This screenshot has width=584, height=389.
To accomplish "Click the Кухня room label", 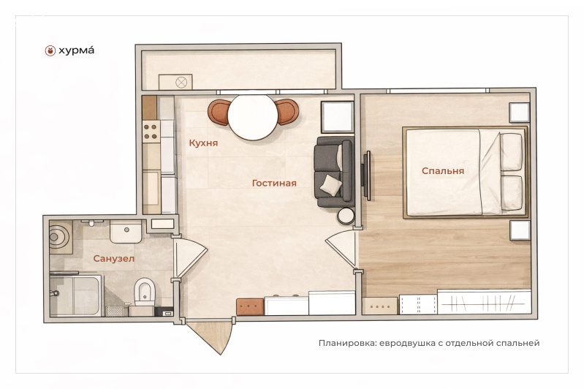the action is pos(203,143).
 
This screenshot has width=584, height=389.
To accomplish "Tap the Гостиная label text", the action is pos(274,183).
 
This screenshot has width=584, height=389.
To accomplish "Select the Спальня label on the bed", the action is pos(443,171).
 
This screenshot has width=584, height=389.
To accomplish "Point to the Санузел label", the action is pos(113,259).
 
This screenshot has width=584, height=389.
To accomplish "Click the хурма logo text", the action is pos(76,50).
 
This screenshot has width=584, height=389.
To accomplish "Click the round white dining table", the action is pos(253,117).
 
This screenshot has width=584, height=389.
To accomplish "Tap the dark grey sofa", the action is pos(334,171).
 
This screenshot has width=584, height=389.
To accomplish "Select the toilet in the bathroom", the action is pos(145,291).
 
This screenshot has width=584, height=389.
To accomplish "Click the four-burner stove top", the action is pos(151,132).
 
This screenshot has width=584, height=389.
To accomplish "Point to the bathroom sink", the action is pos(126,231).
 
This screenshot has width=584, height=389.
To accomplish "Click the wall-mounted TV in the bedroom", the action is pos(366,175).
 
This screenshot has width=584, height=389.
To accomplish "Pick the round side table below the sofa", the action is pos(346,216).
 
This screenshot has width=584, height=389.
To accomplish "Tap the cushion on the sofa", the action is pos(330,185).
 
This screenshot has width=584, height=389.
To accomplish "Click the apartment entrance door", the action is pos(211,336).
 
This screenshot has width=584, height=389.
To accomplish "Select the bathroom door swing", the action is pos(190,258).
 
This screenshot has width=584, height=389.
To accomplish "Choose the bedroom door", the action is pos(341,249).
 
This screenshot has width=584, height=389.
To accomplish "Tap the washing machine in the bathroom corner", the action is pos(61,237).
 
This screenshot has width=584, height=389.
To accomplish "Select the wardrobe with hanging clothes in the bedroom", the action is pos(484,302).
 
